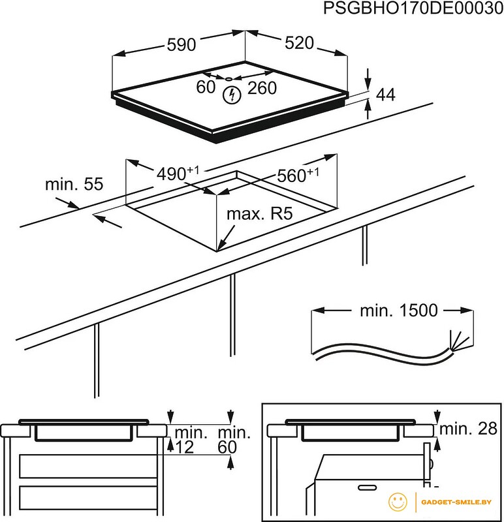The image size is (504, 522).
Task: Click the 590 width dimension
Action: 181,45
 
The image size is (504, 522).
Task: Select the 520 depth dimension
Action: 300,43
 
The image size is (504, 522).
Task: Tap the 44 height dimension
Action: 386,95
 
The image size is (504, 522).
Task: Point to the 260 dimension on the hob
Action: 262,87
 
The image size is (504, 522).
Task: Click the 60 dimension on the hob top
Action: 206,87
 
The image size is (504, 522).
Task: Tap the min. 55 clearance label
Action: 74,185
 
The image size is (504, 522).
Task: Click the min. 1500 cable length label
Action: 398,311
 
